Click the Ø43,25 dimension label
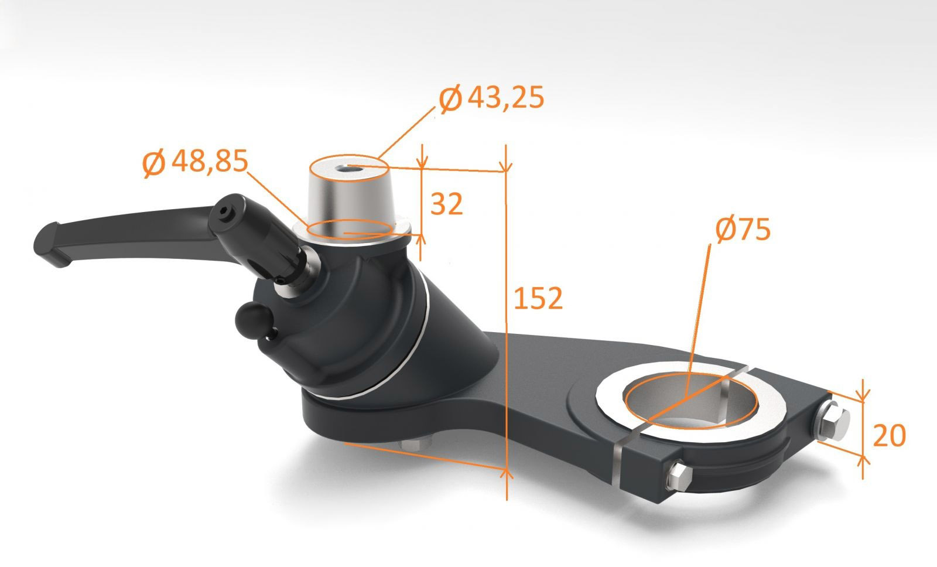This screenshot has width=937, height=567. pyautogui.click(x=492, y=98)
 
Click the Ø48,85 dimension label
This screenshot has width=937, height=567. pyautogui.click(x=196, y=162)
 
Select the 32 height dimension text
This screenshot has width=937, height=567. pyautogui.click(x=447, y=203)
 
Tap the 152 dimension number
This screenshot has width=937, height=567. pyautogui.click(x=538, y=298)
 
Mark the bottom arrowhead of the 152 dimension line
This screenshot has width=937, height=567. pyautogui.click(x=507, y=473)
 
